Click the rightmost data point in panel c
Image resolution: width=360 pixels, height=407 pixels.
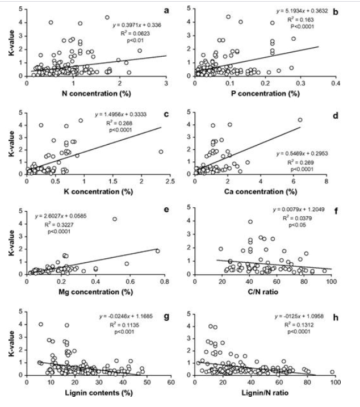(x=161, y=152)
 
